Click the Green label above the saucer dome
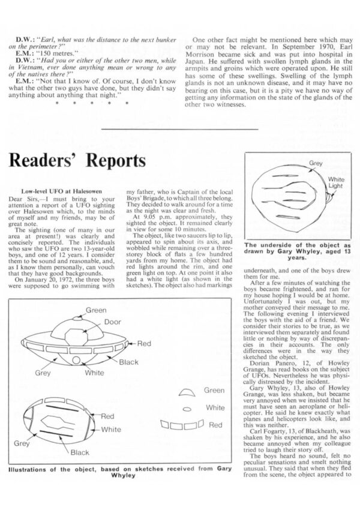click(x=95, y=310)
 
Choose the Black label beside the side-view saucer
click(x=128, y=362)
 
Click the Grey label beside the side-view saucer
click(x=41, y=372)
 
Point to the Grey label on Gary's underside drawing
click(x=316, y=163)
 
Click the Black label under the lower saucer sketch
click(x=80, y=452)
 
